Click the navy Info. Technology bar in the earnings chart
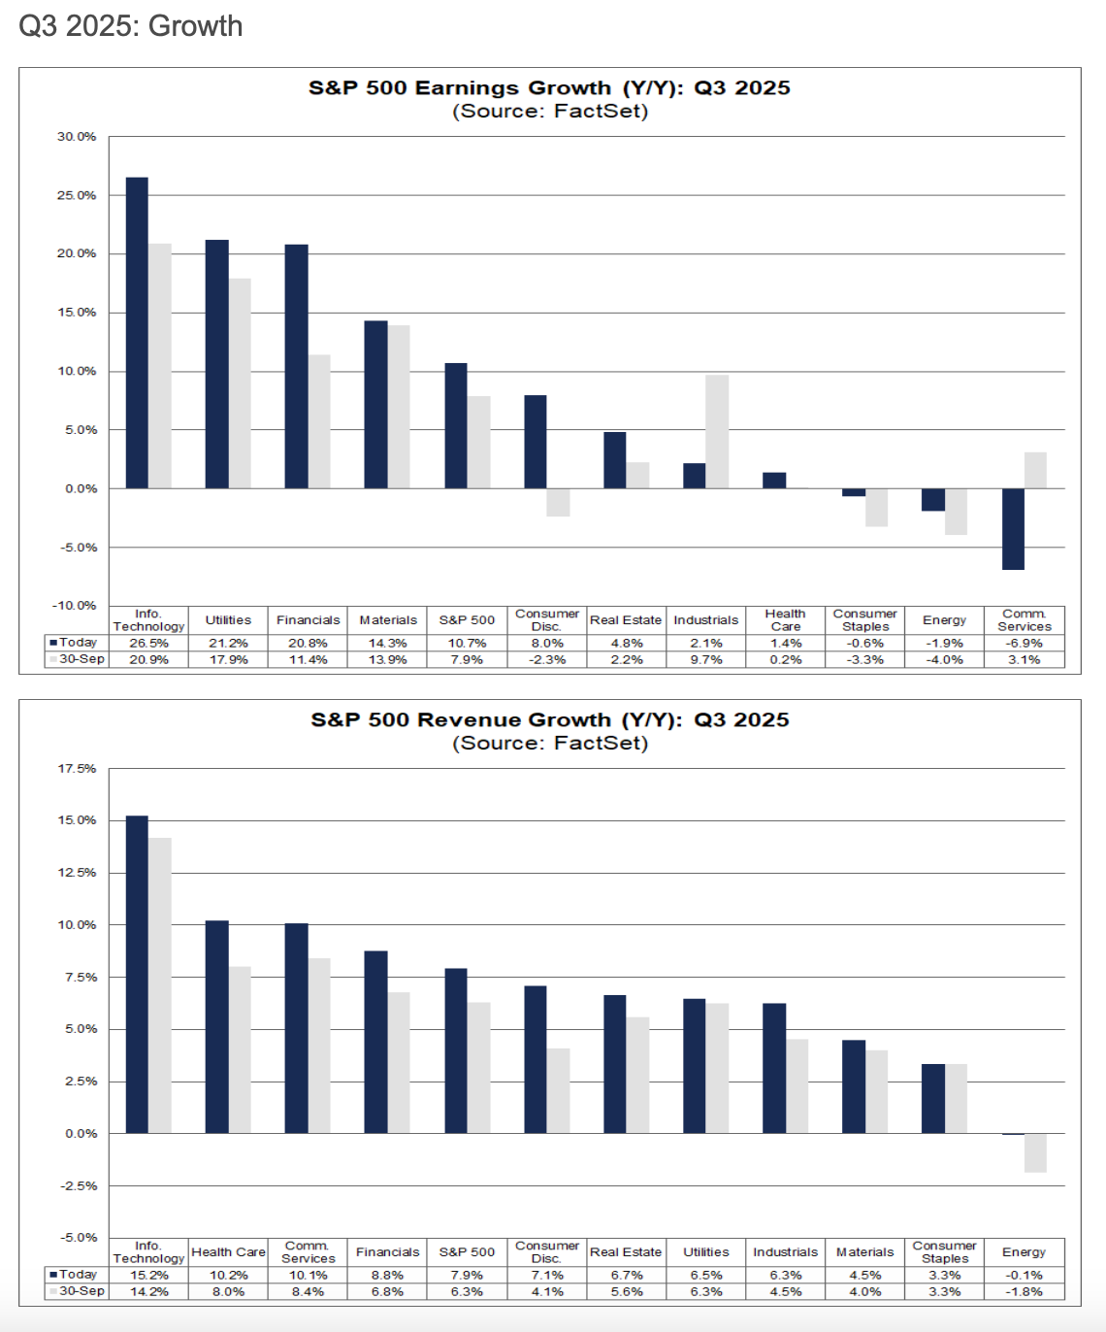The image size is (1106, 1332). click(137, 333)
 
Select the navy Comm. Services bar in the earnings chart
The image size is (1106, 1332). click(1013, 529)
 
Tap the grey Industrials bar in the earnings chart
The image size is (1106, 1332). click(717, 432)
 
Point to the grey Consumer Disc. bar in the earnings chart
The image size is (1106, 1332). click(558, 502)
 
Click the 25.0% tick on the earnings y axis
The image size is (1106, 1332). click(77, 195)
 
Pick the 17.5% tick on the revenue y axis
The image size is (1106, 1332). click(77, 769)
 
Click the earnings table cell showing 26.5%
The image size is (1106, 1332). click(148, 643)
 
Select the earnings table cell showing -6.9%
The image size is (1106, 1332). click(1024, 643)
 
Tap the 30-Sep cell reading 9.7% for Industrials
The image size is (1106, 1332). click(705, 659)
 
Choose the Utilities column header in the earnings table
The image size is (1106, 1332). click(228, 620)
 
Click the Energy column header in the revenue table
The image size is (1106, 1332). click(1024, 1252)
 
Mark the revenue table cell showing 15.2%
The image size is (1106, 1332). click(148, 1275)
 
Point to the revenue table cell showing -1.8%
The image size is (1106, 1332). click(1024, 1291)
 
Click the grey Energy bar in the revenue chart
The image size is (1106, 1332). click(1035, 1152)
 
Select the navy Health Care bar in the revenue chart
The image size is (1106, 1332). click(216, 1027)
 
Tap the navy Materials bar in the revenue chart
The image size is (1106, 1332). click(854, 1086)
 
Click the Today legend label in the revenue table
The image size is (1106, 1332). click(78, 1274)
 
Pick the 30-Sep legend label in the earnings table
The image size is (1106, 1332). click(81, 659)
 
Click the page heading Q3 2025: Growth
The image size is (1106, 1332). click(131, 26)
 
